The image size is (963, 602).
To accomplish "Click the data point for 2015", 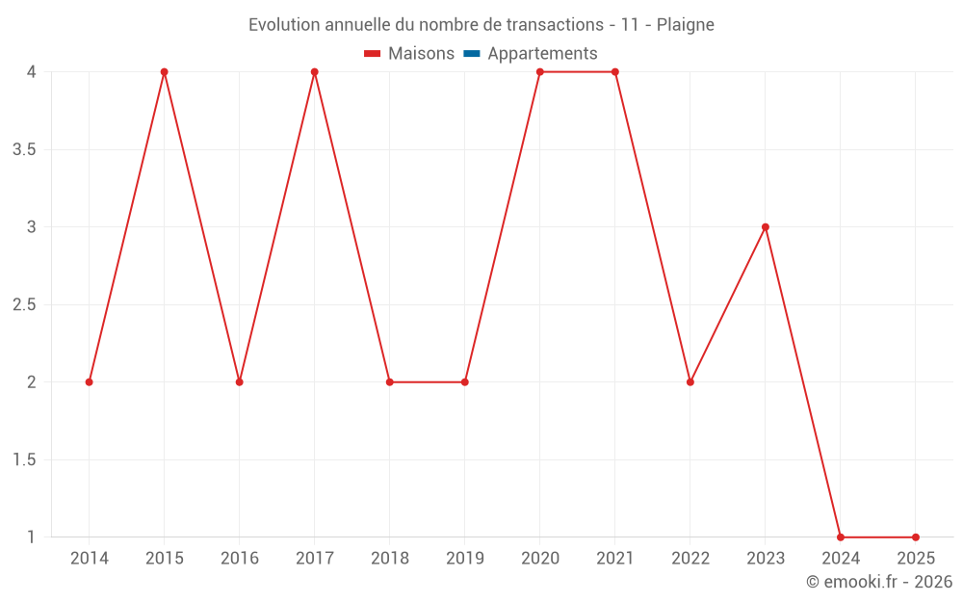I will coord(165,72).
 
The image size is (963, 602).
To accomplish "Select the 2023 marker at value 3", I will coord(766,227).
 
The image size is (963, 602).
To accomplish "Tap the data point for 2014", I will coord(90,382).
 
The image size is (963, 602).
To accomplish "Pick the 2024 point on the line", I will coord(841,537).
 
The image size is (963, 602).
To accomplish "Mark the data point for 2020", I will coord(540,72).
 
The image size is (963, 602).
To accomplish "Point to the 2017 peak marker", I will coord(315,72).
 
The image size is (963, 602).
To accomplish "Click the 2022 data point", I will coord(690,382).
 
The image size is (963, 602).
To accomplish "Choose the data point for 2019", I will coord(465,382).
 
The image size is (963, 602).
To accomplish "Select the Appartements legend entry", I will coord(542,54).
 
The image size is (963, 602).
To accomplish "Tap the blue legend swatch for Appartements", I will coord(472,54).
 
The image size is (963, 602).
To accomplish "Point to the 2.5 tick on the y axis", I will coord(25,305).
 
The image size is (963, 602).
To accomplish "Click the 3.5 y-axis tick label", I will coord(25,150).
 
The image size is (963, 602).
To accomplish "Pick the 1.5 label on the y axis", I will coord(25,460).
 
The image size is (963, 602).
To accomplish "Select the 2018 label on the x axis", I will coord(390,559).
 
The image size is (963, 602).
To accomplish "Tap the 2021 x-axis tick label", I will coord(615,559).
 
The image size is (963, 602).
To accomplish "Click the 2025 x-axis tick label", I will coord(916,559).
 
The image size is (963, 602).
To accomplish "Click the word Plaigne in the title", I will coord(685,25).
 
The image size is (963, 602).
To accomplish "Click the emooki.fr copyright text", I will coord(879,582).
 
